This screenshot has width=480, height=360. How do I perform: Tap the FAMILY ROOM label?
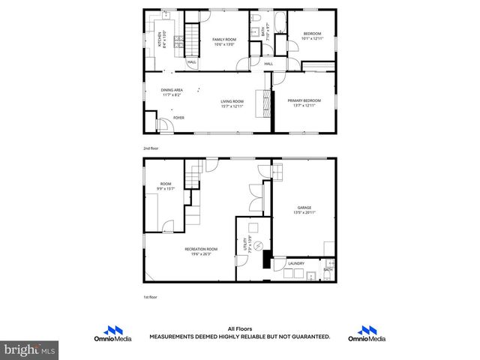[223, 39]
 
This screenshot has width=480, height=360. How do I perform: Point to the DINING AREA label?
[172, 90]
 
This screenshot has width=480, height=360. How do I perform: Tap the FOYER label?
[178, 118]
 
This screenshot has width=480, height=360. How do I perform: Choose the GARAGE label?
[304, 208]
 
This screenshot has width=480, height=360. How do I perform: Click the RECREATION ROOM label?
[202, 249]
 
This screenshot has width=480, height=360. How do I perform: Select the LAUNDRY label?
[296, 263]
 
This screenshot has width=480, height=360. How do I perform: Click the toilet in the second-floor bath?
[255, 16]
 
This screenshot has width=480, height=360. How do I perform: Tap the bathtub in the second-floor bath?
[280, 23]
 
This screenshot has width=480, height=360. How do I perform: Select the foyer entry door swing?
[162, 125]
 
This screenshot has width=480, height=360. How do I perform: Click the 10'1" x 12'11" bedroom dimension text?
[312, 38]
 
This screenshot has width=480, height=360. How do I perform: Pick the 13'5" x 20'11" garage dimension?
[304, 213]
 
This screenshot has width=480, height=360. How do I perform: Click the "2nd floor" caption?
[151, 148]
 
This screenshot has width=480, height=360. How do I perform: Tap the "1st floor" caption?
[151, 298]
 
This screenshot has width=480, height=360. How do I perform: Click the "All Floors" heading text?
[239, 328]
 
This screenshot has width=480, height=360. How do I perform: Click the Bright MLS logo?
[30, 349]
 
